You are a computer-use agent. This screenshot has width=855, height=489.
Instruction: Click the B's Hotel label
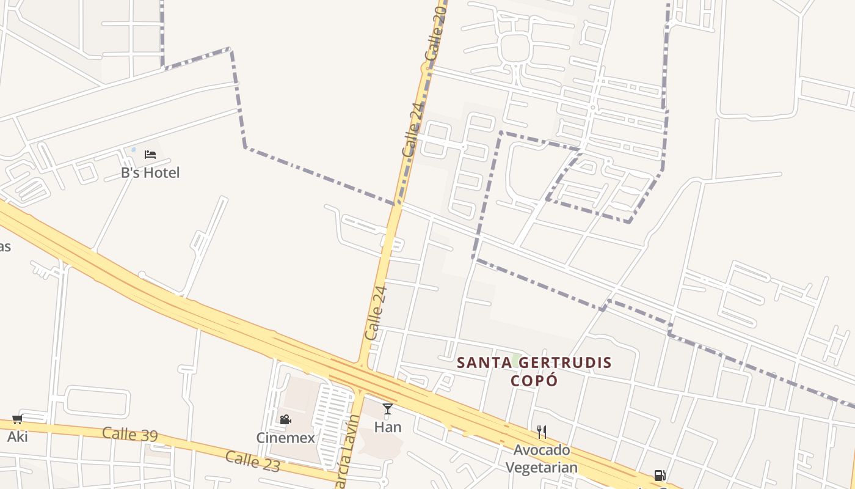pyautogui.click(x=150, y=173)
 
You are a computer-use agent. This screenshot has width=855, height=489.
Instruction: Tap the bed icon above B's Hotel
pyautogui.click(x=150, y=154)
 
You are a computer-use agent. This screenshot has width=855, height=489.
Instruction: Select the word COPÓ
pyautogui.click(x=534, y=380)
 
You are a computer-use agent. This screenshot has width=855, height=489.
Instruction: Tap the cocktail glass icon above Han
pyautogui.click(x=387, y=408)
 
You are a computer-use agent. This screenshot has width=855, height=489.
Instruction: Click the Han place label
pyautogui.click(x=387, y=427)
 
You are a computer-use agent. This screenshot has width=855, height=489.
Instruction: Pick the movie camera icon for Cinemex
pyautogui.click(x=285, y=419)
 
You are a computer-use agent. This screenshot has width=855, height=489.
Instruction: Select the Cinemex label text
pyautogui.click(x=285, y=438)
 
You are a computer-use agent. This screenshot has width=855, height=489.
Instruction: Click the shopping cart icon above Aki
pyautogui.click(x=17, y=419)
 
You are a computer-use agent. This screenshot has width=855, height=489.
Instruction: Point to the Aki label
pyautogui.click(x=17, y=436)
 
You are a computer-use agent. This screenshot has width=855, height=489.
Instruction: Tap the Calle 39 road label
pyautogui.click(x=129, y=434)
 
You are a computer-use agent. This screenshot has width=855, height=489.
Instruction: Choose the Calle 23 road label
pyautogui.click(x=252, y=461)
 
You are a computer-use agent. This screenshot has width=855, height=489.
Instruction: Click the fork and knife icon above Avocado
pyautogui.click(x=541, y=432)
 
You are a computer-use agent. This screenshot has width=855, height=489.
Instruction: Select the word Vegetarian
pyautogui.click(x=541, y=468)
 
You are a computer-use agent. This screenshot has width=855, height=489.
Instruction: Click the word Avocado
pyautogui.click(x=541, y=450)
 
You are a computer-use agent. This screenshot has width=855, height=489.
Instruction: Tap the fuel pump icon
pyautogui.click(x=659, y=475)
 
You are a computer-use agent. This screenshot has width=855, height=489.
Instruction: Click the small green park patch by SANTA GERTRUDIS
pyautogui.click(x=516, y=359)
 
